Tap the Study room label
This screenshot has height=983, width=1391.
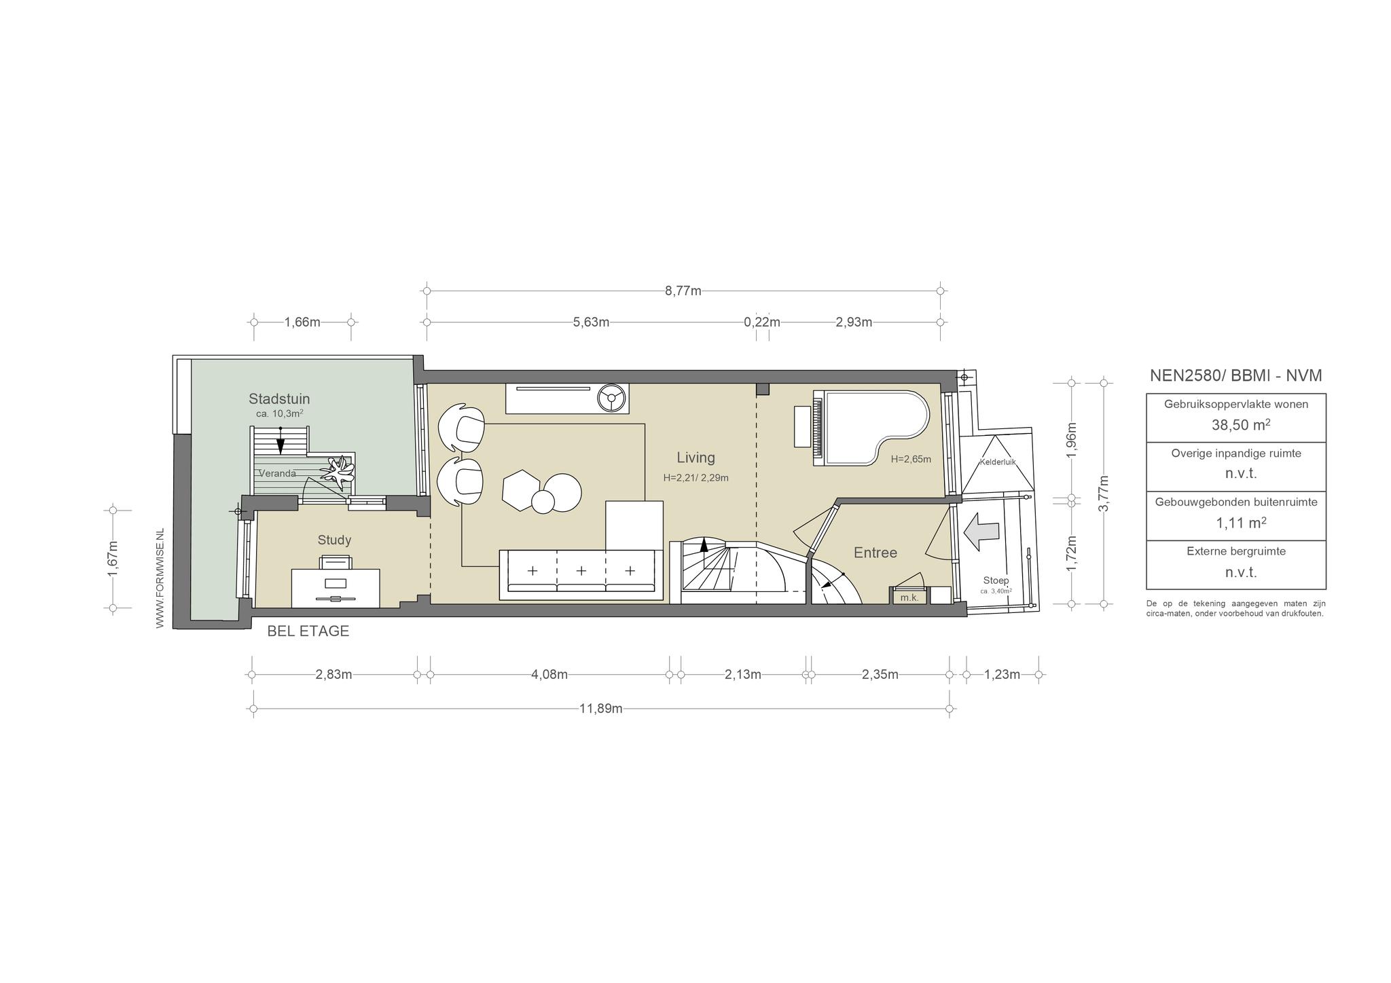334,540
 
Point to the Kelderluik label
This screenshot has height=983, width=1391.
997,462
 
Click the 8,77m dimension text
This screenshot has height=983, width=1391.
683,291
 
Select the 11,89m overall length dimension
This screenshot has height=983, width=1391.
601,709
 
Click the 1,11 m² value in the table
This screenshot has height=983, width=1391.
1241,522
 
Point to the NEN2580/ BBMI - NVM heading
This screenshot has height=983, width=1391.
1235,375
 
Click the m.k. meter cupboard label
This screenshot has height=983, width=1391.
909,598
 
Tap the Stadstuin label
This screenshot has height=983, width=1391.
279,398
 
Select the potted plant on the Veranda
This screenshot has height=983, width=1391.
338,472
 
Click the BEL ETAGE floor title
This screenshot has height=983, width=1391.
308,631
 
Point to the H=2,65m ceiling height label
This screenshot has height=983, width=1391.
911,460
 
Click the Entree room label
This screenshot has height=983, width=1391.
875,553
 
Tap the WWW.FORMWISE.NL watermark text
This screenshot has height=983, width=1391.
160,578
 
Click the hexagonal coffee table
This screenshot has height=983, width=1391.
522,489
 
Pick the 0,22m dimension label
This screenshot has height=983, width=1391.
762,322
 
